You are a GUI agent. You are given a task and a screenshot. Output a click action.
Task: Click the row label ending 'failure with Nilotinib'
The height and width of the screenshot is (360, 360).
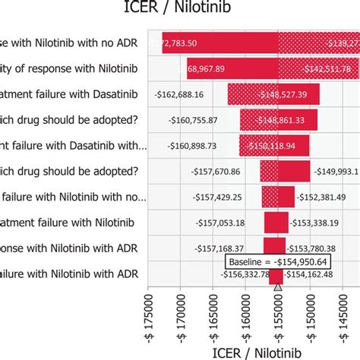(x=68, y=223)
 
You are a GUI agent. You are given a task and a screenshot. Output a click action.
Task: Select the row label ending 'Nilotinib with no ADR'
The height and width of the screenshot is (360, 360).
(x=68, y=43)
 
